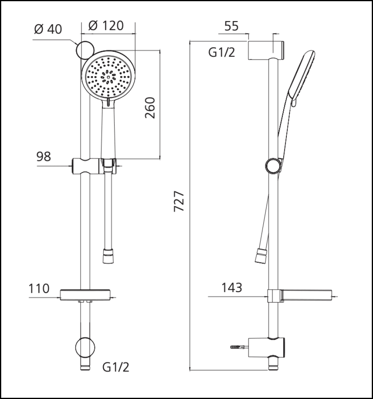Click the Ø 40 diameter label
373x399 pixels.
click(48, 29)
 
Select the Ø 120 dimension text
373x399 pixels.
click(106, 26)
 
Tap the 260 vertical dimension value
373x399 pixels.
click(150, 108)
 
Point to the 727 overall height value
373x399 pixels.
click(179, 201)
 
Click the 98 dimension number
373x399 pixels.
click(43, 156)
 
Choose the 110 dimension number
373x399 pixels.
click(39, 288)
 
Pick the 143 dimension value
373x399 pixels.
click(232, 288)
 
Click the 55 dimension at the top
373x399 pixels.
click(231, 26)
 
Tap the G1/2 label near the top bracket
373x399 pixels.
click(222, 52)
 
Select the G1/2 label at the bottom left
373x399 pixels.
click(116, 367)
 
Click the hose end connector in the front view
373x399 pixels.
click(109, 256)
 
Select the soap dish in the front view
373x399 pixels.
click(85, 295)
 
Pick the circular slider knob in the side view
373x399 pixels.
click(274, 166)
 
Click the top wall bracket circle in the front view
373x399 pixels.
click(85, 50)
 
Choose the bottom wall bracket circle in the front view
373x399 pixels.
click(85, 348)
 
